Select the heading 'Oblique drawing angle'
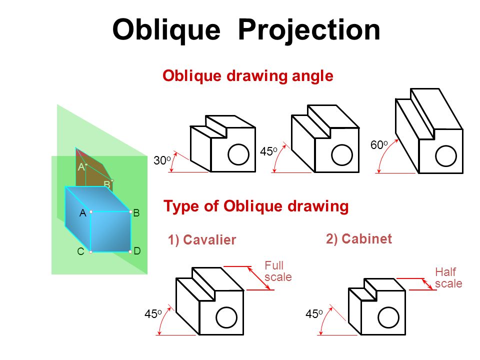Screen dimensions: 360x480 tap(248, 76)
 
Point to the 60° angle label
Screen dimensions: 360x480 tap(379, 145)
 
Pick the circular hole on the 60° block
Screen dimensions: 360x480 tap(445, 155)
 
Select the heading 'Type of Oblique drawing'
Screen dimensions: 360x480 tap(256, 206)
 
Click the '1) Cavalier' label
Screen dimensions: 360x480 tap(202, 240)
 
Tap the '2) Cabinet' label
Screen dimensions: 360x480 tap(359, 239)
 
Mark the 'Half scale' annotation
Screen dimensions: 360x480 tap(448, 278)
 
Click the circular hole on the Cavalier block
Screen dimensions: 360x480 tap(226, 316)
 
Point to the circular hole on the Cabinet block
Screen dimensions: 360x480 tap(387, 316)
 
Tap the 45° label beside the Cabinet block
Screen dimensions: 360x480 tap(314, 314)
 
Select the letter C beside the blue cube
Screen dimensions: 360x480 tap(80, 252)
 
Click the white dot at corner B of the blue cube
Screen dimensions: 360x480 tap(130, 212)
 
